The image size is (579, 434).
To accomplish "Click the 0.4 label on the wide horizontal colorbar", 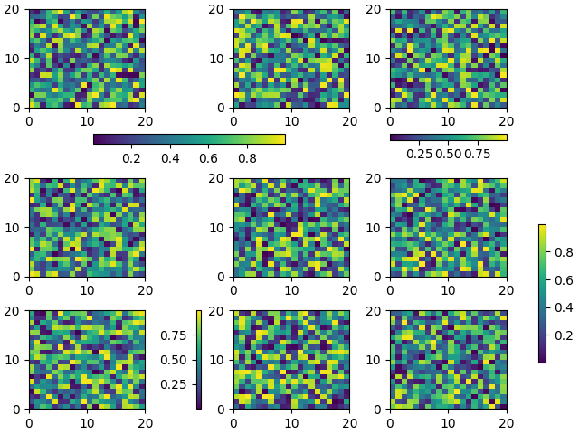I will coord(170,159).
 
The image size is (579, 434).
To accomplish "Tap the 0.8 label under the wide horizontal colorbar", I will coord(246,159).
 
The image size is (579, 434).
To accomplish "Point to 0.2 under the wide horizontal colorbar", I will coord(131,159).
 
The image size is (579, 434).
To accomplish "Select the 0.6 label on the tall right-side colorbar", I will coord(562,280).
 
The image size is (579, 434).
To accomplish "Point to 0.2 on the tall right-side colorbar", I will coord(562,335).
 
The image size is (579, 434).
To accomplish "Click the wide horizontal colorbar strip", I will coord(189,139).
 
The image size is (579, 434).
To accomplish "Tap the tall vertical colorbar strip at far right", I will coord(542,293).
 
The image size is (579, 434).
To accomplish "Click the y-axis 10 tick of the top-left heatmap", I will coord(15,58).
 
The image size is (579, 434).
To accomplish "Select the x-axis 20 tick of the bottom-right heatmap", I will coord(507,422).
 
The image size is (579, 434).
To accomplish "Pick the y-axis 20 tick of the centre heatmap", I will coord(220,178).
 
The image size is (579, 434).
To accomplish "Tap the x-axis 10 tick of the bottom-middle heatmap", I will coord(291,422).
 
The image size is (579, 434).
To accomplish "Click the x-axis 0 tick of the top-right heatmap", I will coord(390,120).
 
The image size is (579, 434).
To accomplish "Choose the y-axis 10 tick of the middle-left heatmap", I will coord(15,228).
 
